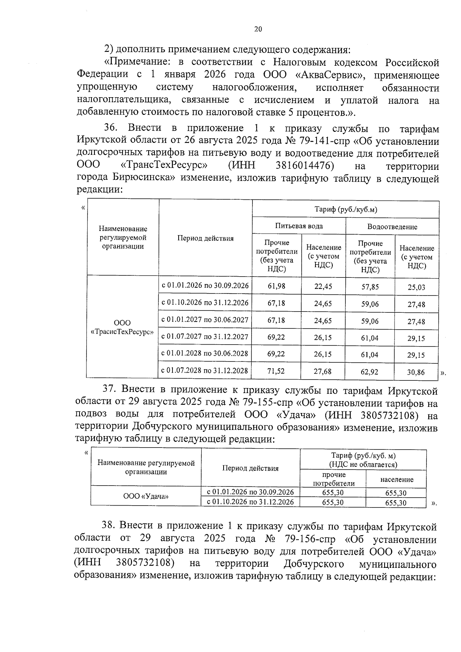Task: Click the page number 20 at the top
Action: coord(258,29)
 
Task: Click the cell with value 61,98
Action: coord(276,286)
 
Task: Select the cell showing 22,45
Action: coord(323,286)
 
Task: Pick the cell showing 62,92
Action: coord(370,372)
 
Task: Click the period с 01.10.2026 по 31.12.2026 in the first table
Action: coord(205,303)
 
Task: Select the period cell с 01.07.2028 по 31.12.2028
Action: coord(205,371)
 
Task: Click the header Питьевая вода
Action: coord(299,226)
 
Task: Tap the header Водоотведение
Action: coord(392,227)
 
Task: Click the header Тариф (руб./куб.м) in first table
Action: coord(345,209)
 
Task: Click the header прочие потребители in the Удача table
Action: coord(333,479)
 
